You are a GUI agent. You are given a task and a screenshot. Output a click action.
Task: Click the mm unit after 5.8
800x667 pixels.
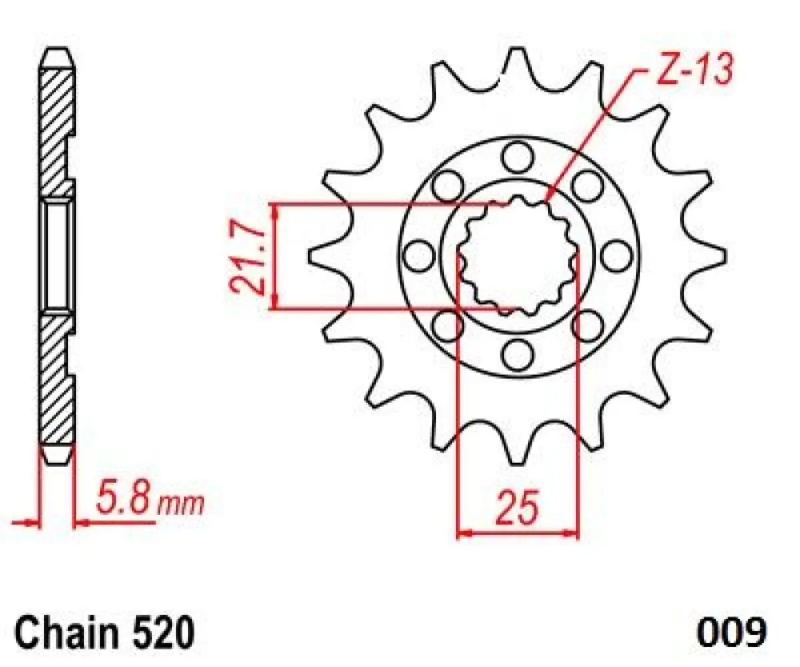180,505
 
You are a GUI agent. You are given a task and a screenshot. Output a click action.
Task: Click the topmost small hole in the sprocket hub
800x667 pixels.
517,157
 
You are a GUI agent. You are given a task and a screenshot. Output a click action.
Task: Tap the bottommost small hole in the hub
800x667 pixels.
517,354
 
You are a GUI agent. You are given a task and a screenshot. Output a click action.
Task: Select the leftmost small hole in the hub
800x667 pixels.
419,256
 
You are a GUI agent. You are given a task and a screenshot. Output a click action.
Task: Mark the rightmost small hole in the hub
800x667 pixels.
616,256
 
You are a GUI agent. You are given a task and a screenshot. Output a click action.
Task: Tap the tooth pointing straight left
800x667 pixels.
316,256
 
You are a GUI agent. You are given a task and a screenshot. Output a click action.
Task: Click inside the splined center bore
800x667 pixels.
517,256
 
